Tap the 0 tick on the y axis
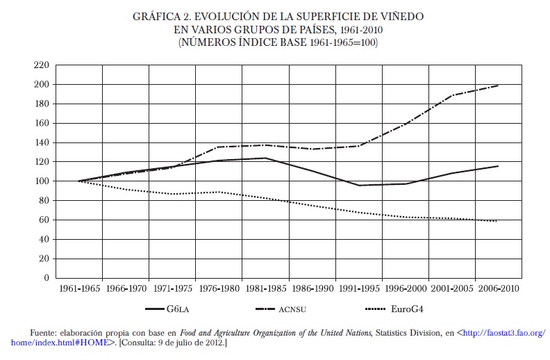coord(46,278)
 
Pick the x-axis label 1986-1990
coord(312,288)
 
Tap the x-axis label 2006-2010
coord(498,288)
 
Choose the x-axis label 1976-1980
coord(218,288)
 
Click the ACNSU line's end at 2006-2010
coord(498,85)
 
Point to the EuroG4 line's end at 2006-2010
coord(498,221)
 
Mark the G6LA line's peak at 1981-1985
coord(265,158)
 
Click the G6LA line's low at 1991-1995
coord(358,186)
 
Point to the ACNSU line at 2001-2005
coord(451,95)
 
